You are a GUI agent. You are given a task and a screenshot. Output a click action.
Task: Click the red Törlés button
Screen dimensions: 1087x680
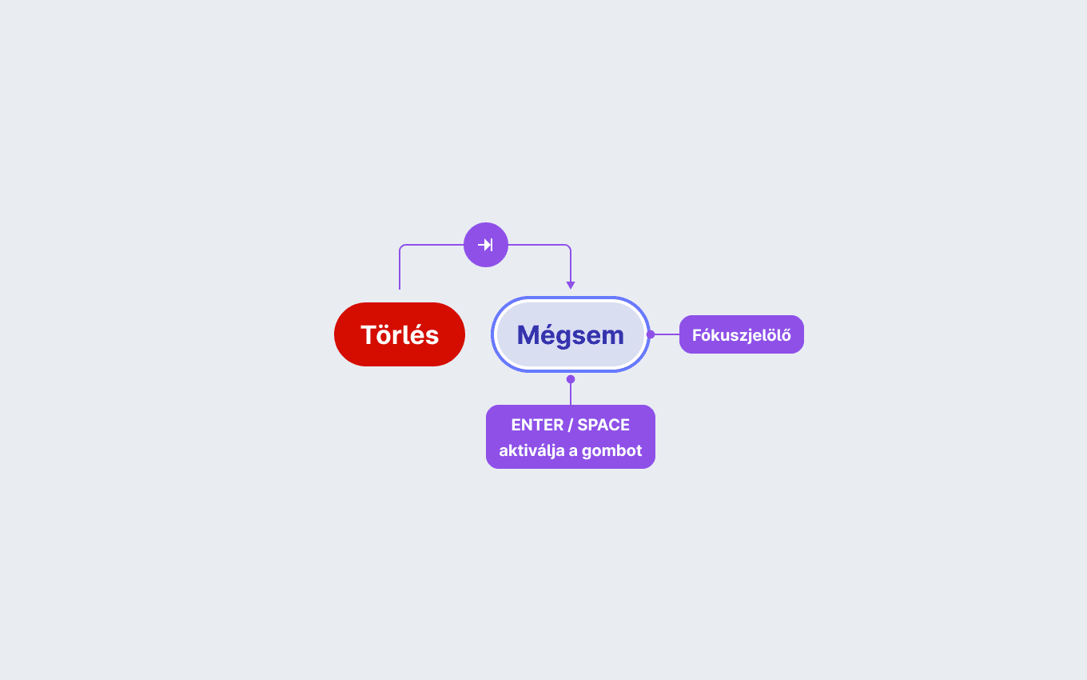400,334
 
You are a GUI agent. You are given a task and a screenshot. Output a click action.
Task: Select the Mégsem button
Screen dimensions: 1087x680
570,334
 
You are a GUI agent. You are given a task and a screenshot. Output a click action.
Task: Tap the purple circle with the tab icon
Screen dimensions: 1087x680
486,245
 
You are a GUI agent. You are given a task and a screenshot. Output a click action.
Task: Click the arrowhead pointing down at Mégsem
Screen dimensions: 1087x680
571,285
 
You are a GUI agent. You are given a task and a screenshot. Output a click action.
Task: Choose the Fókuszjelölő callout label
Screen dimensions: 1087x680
742,334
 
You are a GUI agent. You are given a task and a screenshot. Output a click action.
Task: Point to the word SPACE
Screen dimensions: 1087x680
603,425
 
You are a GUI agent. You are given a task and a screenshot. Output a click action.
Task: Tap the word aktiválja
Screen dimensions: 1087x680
532,450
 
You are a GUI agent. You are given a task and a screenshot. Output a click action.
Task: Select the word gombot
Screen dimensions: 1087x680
611,450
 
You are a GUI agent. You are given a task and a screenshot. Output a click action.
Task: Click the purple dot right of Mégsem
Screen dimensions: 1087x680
651,334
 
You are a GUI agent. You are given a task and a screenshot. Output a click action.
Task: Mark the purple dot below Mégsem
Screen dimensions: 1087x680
571,379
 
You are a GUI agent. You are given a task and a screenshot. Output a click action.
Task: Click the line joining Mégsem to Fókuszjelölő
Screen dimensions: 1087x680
667,334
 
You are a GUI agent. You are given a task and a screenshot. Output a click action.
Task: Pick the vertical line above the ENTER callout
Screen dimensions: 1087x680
571,394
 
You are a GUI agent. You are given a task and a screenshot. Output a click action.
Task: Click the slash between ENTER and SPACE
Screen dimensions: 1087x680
570,425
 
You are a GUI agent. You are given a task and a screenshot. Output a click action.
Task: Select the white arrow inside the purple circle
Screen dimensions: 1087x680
485,245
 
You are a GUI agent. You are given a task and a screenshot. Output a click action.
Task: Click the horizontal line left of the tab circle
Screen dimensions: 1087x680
432,245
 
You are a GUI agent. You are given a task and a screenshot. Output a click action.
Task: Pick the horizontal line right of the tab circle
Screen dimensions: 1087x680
539,245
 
